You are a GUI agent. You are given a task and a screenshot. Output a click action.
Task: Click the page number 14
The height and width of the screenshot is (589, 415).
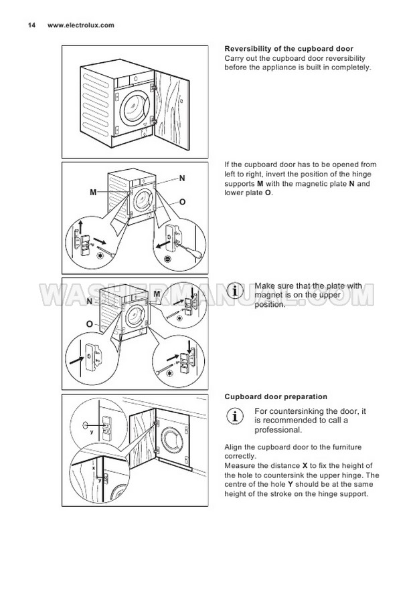click(x=31, y=25)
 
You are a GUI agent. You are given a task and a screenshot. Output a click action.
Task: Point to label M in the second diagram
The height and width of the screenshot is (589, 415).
click(x=94, y=193)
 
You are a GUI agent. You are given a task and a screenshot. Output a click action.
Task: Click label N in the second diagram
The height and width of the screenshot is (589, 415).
click(x=182, y=179)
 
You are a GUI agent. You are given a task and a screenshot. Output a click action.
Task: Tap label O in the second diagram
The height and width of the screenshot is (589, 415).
click(x=182, y=201)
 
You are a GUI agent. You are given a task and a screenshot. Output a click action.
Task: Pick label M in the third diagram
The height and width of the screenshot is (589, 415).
click(x=157, y=294)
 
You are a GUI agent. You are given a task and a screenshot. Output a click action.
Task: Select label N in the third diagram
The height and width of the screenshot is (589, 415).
click(x=88, y=302)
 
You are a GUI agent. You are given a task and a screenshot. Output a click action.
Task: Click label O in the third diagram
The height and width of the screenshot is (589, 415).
click(x=88, y=324)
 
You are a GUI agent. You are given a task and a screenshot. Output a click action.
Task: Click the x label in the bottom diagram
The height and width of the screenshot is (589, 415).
click(x=94, y=469)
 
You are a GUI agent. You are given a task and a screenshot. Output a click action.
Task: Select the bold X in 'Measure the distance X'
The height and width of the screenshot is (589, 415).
click(x=305, y=465)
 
